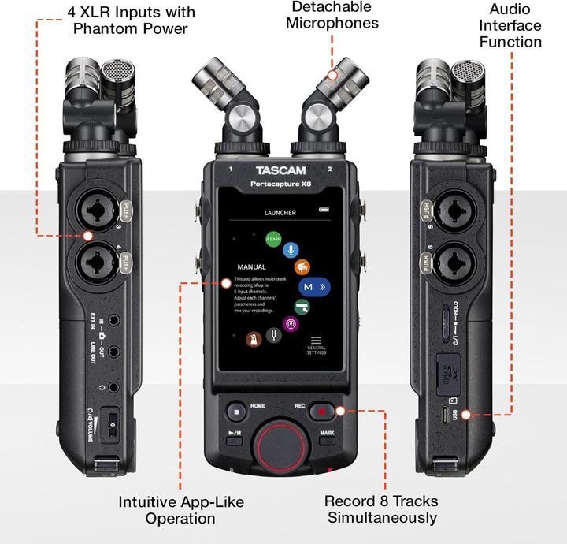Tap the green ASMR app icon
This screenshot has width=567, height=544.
[x=273, y=237]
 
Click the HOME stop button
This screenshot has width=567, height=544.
[x=235, y=411]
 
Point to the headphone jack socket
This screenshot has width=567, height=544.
[x=116, y=387]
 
